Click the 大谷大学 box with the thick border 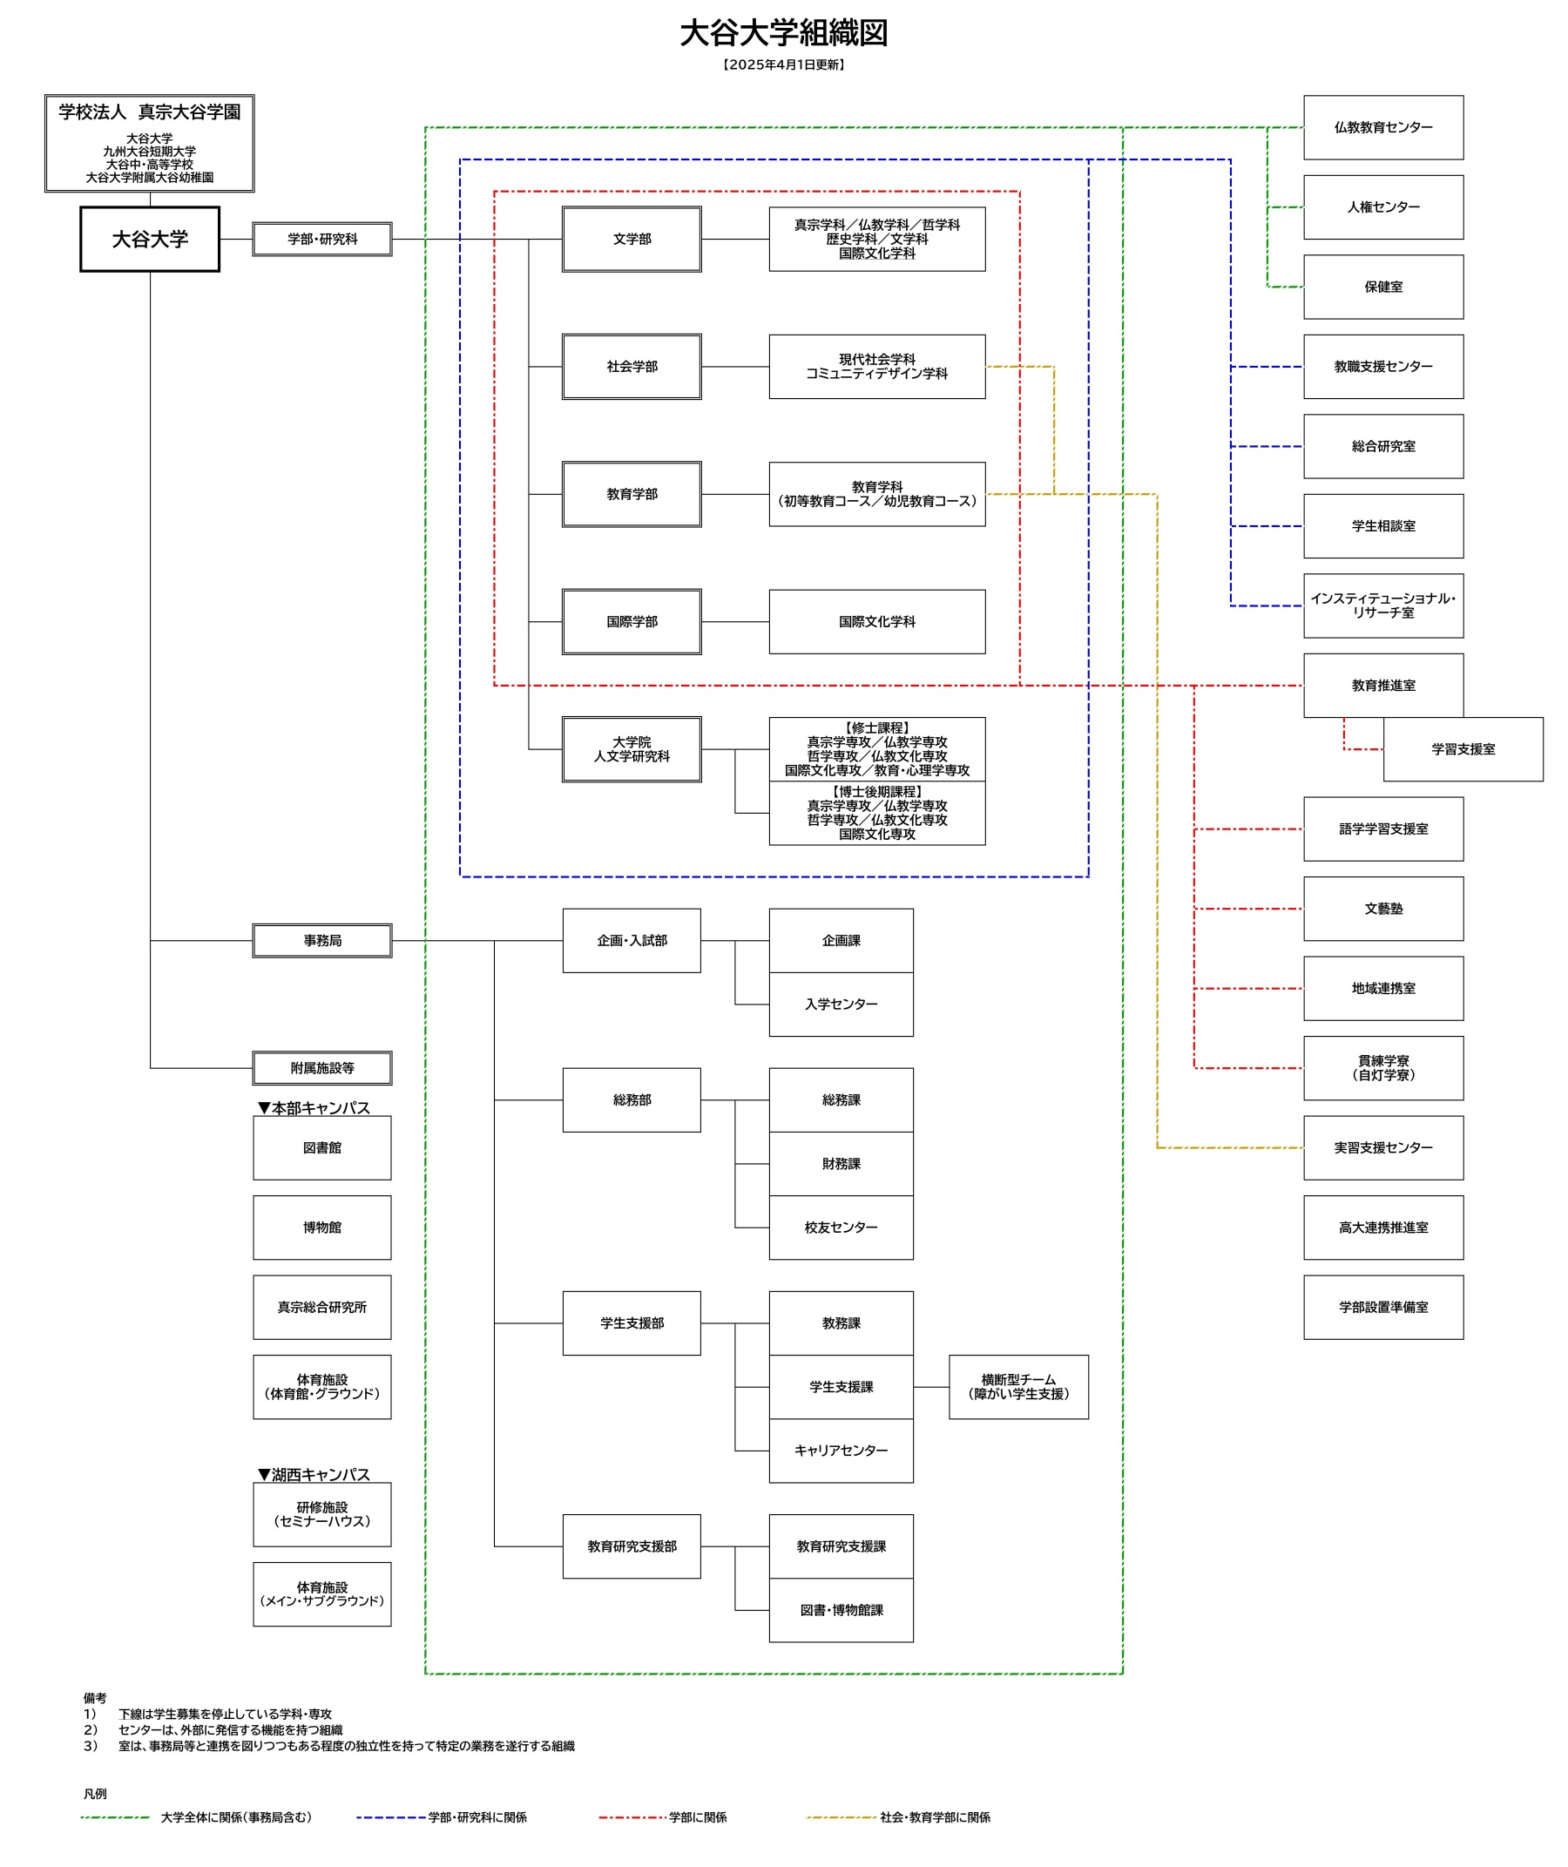click(149, 240)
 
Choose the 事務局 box click(321, 941)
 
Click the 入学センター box click(841, 1005)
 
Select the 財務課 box click(841, 1164)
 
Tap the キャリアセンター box click(841, 1451)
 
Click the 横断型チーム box click(1018, 1387)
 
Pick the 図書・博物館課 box click(841, 1610)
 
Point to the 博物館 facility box click(321, 1228)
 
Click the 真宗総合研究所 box click(321, 1307)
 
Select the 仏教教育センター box click(1383, 127)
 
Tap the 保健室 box click(1383, 287)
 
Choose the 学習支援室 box click(1463, 749)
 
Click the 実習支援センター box click(1383, 1147)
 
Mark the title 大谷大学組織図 click(784, 33)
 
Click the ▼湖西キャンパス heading click(314, 1475)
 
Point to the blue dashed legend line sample click(391, 1817)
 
